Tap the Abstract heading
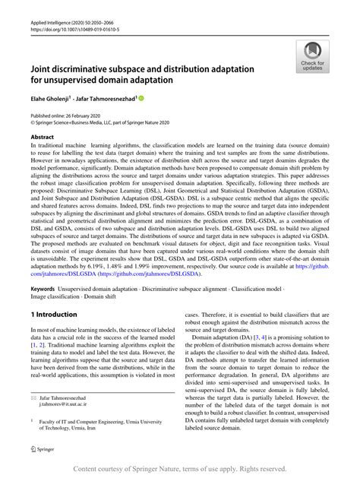pos(45,138)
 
